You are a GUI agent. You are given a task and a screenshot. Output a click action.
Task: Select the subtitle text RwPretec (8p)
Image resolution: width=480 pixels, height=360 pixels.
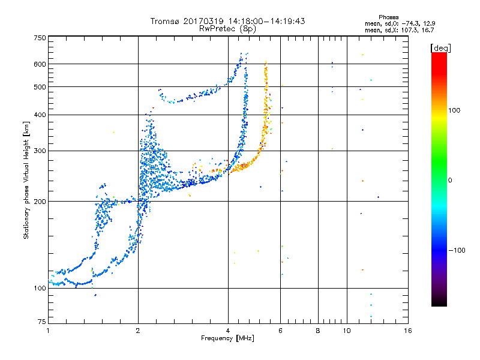coord(227,29)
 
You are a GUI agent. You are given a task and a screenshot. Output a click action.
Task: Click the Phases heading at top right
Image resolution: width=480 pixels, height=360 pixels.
coord(388,17)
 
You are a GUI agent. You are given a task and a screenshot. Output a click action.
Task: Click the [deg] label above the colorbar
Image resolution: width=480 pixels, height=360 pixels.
coord(440,49)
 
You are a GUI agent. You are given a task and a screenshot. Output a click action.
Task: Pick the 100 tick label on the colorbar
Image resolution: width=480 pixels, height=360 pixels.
coord(454,110)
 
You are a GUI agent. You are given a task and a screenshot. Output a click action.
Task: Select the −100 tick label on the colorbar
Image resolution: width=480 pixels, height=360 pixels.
coord(457,250)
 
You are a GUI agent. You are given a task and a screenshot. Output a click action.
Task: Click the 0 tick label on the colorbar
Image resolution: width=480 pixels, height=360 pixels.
coord(450,181)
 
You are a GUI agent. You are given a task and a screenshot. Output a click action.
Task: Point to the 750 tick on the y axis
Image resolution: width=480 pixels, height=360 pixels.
coord(40,38)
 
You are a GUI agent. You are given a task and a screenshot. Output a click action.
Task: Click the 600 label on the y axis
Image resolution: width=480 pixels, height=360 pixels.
coord(40,64)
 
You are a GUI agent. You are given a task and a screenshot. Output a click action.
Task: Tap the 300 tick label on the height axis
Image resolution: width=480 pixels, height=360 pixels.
coord(40,151)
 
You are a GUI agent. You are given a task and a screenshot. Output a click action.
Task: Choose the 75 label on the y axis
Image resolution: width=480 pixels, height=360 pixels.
coord(42,322)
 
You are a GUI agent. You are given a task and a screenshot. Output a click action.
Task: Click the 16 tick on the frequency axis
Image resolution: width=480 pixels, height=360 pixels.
coord(408,331)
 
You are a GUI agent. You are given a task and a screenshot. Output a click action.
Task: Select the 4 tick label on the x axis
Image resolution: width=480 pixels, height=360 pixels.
coord(228,331)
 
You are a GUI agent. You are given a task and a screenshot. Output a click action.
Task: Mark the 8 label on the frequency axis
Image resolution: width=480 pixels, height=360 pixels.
coord(318,331)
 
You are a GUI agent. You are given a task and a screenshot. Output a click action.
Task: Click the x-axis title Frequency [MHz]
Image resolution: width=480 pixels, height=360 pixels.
coord(227,338)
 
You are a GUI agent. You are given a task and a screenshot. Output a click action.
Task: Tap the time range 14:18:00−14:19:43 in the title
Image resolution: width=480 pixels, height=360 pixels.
coord(266,21)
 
